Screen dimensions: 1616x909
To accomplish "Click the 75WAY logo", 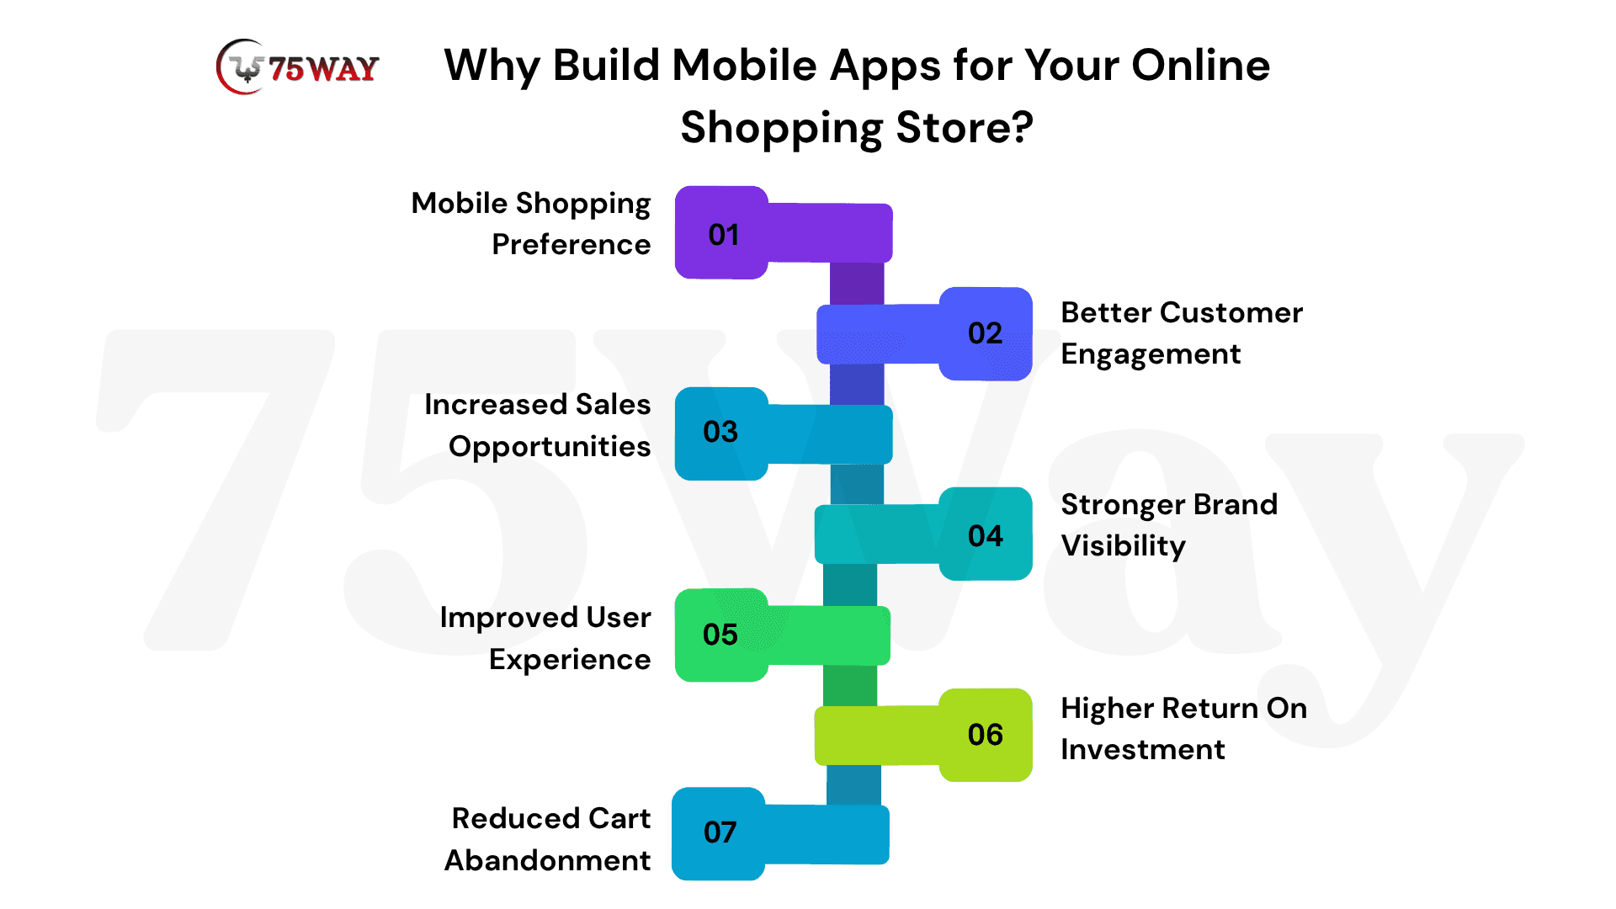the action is point(298,67).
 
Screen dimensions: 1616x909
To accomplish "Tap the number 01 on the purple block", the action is point(724,235).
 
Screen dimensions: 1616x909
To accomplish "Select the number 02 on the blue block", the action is point(985,333).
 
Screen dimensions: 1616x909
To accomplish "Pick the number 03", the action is point(720,432).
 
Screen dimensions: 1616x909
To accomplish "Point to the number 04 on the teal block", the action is point(985,536).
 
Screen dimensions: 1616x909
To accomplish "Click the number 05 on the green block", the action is point(720,635).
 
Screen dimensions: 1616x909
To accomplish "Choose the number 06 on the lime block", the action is point(985,735).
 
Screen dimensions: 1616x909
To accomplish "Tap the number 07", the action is point(720,832).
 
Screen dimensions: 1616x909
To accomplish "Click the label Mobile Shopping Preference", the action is point(531,224).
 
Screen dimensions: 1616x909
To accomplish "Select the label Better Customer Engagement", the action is point(1182,333).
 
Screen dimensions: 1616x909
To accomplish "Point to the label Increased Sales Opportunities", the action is point(538,426).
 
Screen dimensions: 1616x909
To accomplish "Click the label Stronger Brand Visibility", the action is point(1169,525).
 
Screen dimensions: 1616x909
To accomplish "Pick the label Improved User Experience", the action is point(545,639).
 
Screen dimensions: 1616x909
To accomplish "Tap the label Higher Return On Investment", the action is point(1184,729).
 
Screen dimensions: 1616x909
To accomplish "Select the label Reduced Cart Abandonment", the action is point(548,839).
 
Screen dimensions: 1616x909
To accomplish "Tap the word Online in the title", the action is point(1201,65).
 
